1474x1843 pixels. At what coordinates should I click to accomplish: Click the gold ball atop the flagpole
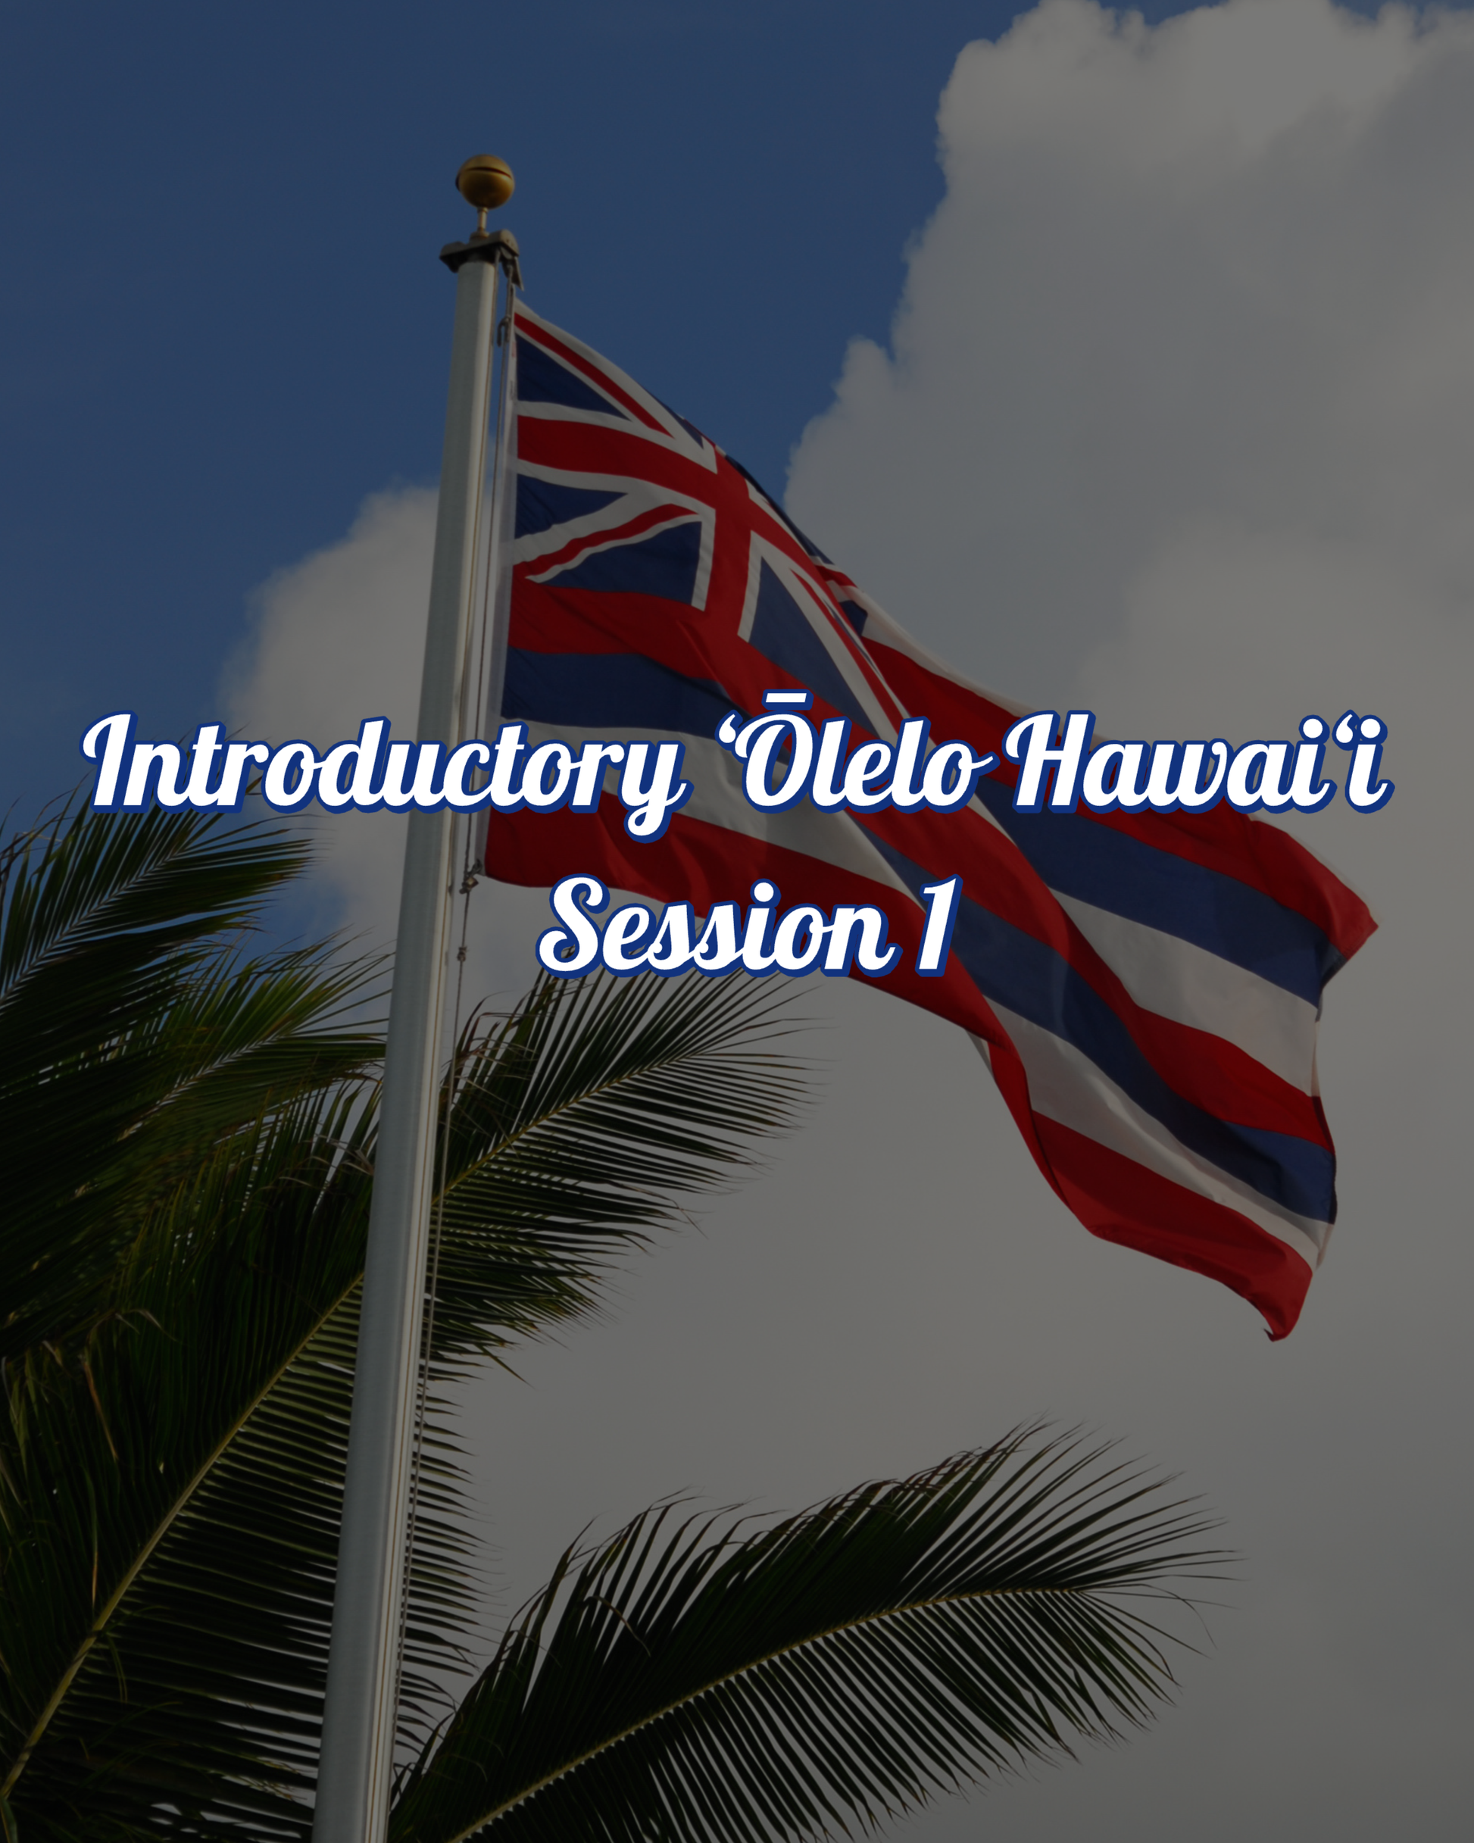485,180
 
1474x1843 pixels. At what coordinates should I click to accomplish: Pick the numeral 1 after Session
934,927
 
